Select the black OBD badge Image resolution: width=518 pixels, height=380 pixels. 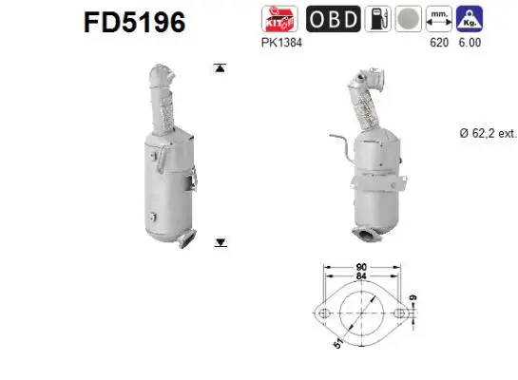click(333, 17)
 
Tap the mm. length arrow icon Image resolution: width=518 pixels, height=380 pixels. click(439, 17)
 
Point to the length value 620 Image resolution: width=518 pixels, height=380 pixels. click(437, 44)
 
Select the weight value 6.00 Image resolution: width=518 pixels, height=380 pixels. click(470, 44)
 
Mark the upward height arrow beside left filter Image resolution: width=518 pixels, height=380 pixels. click(221, 68)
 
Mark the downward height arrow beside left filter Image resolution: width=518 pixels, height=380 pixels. click(221, 243)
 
